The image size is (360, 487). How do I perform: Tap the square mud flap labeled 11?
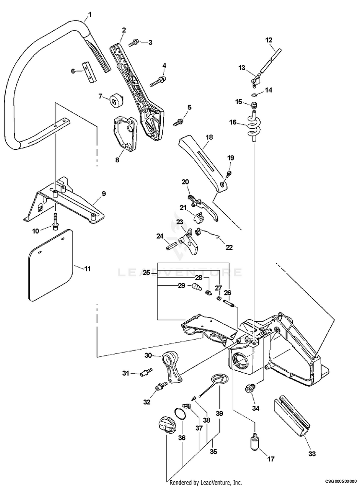(49, 265)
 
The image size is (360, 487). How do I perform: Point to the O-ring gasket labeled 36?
(179, 414)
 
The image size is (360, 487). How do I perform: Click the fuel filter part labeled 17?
(253, 440)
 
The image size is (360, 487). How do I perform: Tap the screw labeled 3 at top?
(134, 43)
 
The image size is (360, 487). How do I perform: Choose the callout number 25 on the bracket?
(146, 272)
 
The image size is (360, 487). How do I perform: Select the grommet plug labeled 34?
(250, 388)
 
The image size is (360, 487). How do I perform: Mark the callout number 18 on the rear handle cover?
(209, 137)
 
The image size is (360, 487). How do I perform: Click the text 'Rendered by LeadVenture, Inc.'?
(205, 482)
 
